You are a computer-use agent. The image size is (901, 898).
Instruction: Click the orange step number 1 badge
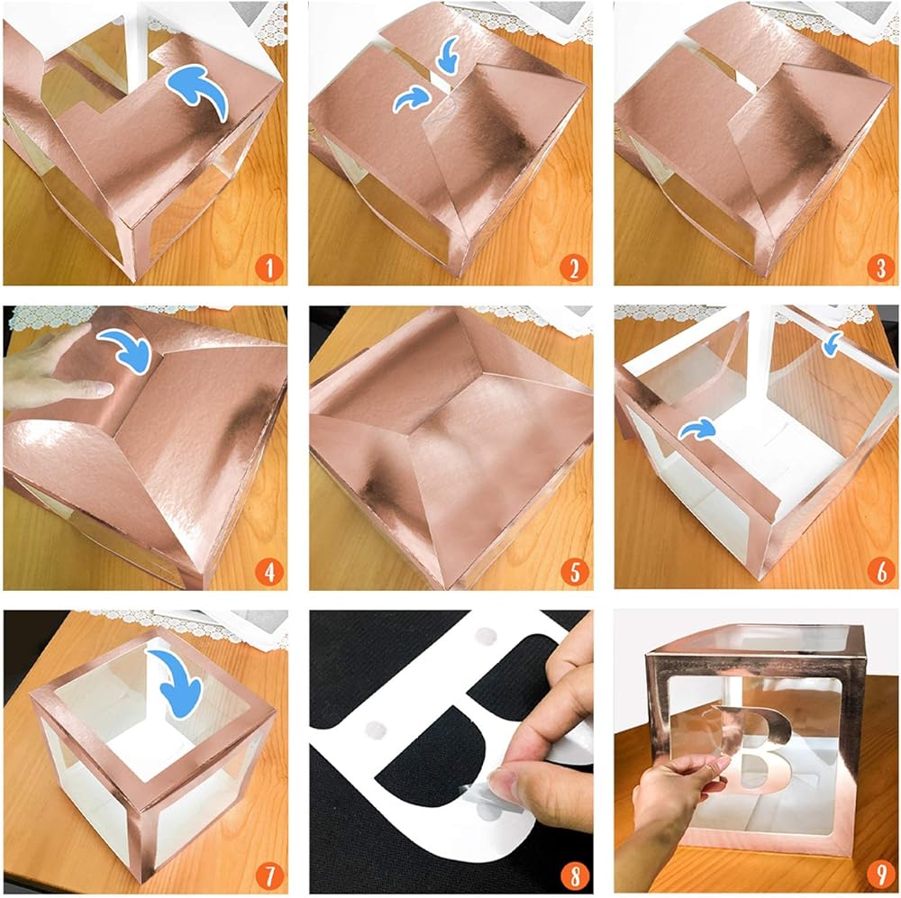click(268, 268)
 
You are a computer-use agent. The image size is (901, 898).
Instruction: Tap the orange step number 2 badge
click(574, 268)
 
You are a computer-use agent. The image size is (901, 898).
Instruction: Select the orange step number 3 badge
click(879, 268)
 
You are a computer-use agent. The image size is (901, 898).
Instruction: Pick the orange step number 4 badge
click(268, 572)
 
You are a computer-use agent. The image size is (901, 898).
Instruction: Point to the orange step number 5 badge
click(575, 572)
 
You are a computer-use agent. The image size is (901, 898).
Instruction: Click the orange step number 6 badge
click(880, 572)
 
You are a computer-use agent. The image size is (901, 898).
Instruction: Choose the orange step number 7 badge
click(268, 877)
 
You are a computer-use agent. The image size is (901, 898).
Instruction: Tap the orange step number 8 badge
click(575, 877)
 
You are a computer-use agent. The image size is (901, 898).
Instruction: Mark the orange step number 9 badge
click(880, 877)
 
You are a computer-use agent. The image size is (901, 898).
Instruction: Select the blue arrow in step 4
click(128, 348)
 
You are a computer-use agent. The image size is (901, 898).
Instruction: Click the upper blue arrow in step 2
click(448, 57)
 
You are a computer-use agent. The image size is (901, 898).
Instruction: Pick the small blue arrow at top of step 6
click(832, 343)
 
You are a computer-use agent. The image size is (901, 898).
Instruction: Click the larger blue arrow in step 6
click(697, 429)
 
